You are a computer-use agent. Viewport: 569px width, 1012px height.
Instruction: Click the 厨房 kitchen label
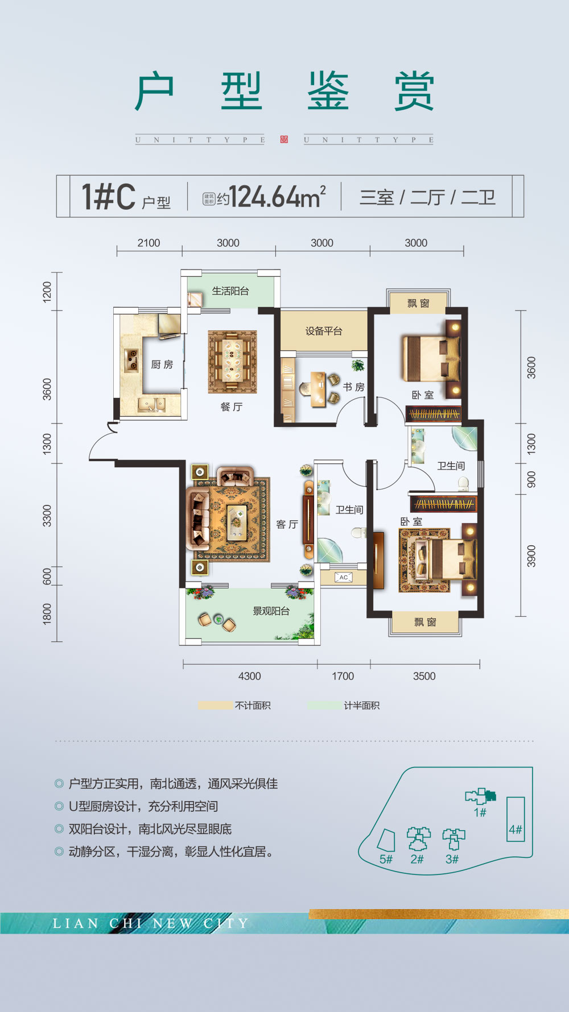pos(162,364)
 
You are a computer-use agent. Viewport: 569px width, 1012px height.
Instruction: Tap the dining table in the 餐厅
pos(232,362)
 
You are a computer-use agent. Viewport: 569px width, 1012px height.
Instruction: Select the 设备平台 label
pos(324,331)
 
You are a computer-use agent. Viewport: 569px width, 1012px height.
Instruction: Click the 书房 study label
pos(353,387)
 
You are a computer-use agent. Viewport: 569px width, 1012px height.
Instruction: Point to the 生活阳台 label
pos(230,291)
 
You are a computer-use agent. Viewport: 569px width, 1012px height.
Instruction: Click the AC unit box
pos(343,578)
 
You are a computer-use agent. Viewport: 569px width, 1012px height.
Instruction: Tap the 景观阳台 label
pos(271,611)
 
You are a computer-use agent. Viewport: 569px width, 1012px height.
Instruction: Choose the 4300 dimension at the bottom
pos(249,676)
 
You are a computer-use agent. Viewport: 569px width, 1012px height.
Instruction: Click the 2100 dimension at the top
pos(149,243)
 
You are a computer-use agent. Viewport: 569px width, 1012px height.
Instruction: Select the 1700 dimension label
pos(343,676)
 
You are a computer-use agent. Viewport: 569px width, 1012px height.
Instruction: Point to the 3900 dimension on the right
pos(531,556)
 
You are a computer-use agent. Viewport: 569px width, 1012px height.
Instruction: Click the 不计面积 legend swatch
pos(215,706)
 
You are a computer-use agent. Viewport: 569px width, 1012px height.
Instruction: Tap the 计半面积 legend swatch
pos(324,706)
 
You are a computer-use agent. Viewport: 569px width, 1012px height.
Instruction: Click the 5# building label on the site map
pos(386,859)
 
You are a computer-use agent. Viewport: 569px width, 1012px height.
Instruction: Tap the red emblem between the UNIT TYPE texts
pos(284,140)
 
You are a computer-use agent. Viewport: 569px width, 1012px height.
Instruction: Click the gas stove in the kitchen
pos(132,360)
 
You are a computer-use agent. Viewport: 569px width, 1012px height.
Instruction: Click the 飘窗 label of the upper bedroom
pos(418,304)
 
